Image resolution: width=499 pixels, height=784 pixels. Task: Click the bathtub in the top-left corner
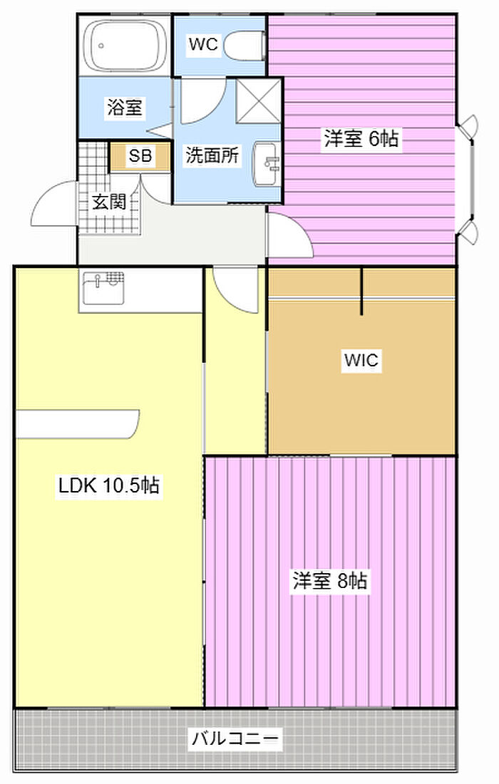(125, 46)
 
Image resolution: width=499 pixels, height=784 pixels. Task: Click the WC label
(203, 44)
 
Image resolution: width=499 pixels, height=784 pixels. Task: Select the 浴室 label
(125, 107)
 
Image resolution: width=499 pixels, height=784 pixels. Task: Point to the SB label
(140, 156)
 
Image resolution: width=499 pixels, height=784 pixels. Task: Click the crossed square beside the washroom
(258, 100)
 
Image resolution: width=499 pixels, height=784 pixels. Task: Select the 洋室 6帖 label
(361, 138)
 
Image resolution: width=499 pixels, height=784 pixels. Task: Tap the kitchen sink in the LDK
(103, 288)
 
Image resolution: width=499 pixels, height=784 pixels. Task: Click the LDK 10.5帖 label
(108, 485)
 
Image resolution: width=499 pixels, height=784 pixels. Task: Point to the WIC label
(361, 360)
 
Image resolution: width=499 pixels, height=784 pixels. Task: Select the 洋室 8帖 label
(330, 582)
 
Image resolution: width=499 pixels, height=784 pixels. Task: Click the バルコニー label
(235, 738)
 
